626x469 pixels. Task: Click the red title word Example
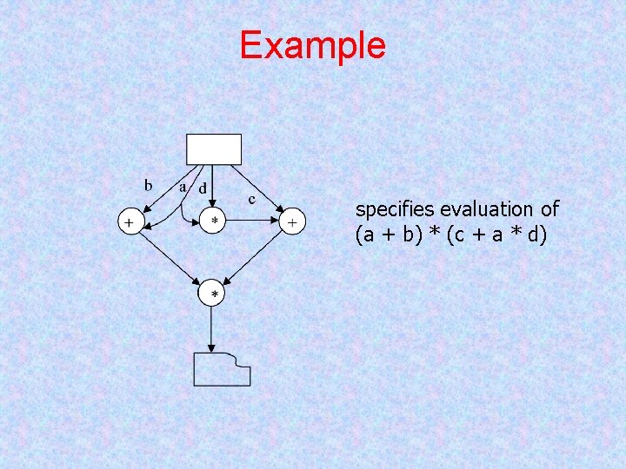point(312,45)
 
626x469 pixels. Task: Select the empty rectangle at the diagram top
point(214,149)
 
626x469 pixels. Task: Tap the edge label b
point(149,184)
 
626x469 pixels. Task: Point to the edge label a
point(183,185)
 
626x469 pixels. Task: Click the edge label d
point(203,187)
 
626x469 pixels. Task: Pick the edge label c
point(252,199)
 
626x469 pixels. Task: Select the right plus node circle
point(293,223)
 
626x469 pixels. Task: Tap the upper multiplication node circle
point(214,222)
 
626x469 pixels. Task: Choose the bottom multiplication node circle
point(214,295)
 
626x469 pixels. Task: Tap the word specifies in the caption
point(396,210)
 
